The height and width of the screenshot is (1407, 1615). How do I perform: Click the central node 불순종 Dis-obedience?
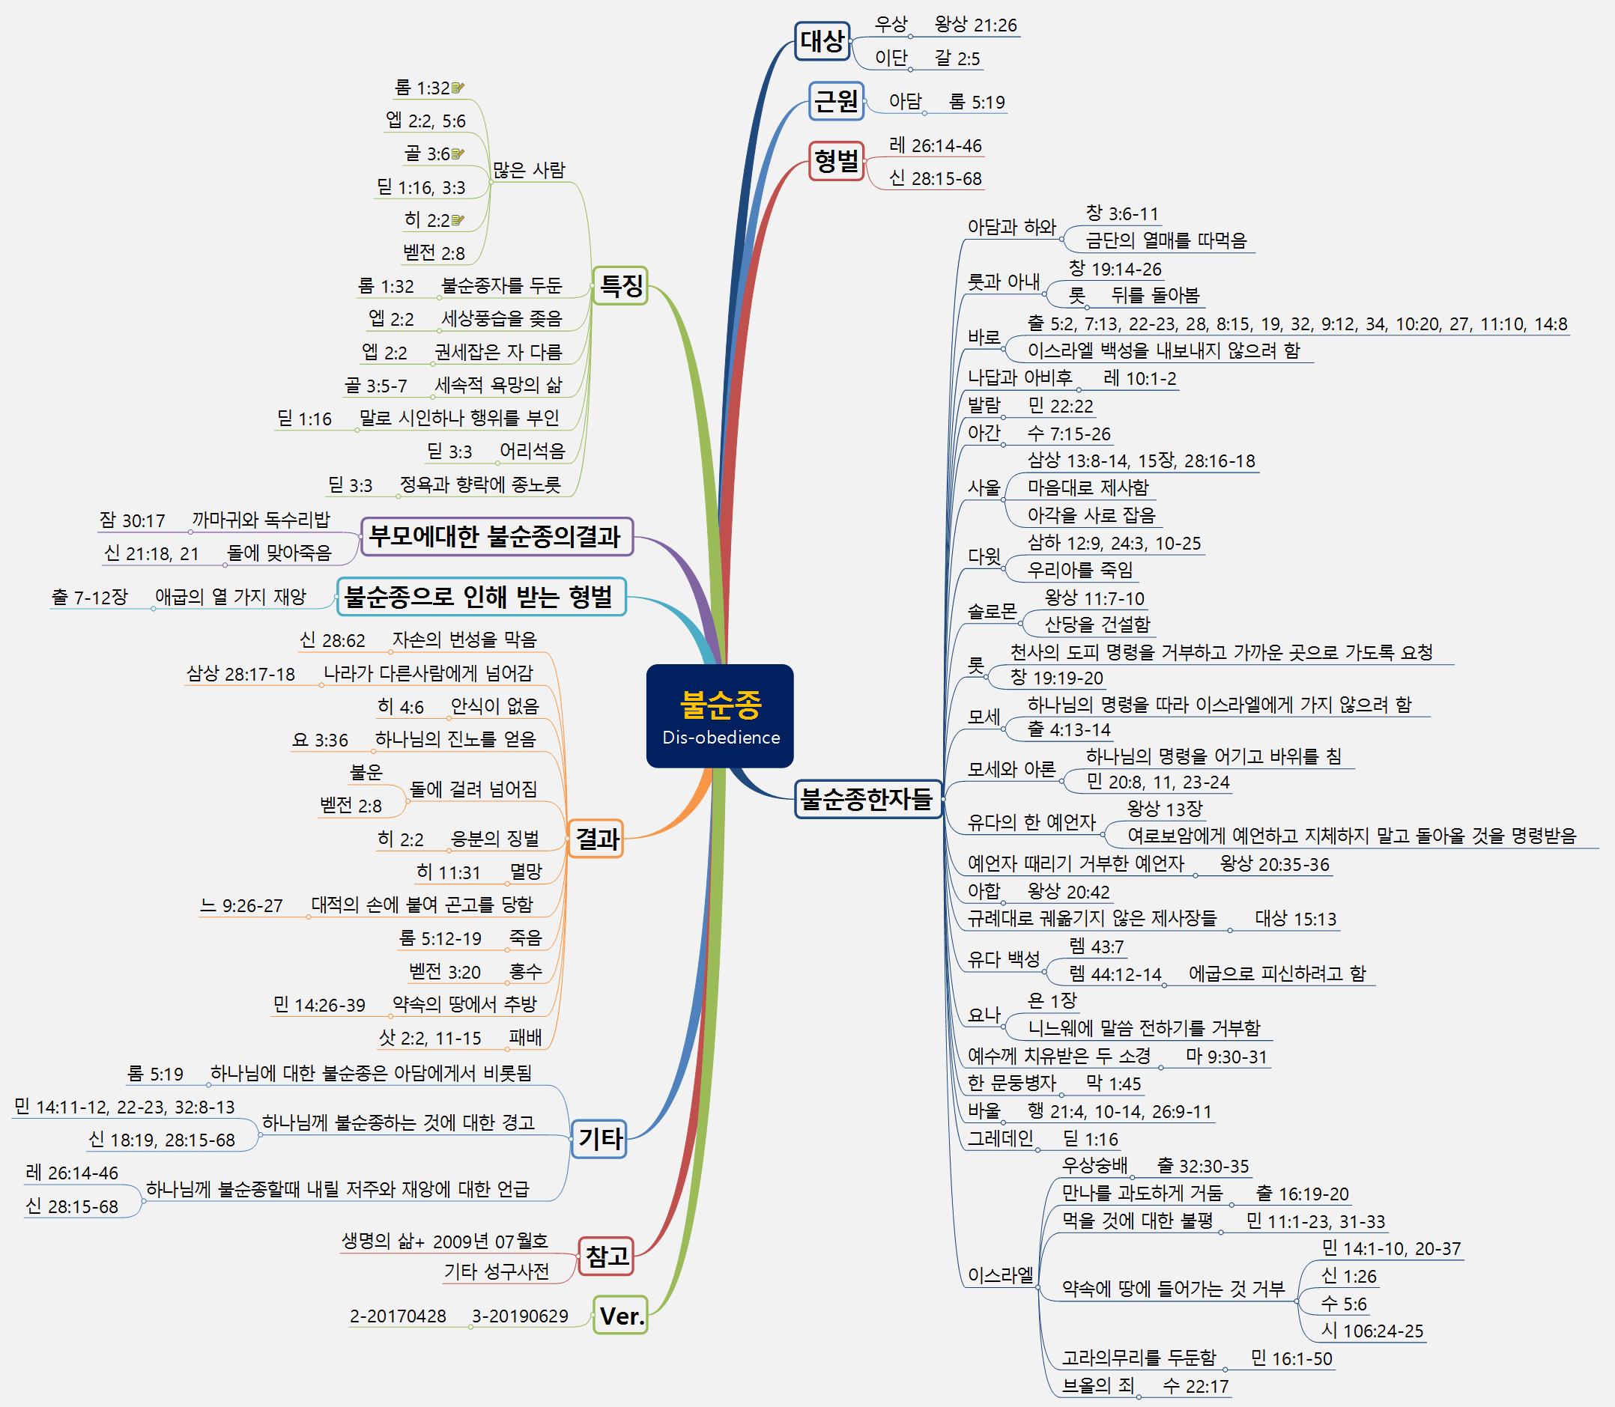[720, 715]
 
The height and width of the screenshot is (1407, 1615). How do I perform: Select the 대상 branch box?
[822, 41]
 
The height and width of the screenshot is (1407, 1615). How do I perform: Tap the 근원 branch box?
[836, 101]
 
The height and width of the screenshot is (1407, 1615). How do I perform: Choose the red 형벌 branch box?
[836, 162]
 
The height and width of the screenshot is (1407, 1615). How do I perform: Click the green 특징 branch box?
[619, 285]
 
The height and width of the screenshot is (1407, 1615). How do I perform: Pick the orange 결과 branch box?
[596, 839]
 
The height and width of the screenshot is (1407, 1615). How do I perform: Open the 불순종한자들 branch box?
[867, 798]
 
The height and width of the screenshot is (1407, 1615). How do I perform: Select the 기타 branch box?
[599, 1137]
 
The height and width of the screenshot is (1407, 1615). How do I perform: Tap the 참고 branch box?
[605, 1256]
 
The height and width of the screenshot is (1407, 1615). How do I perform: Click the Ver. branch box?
[620, 1315]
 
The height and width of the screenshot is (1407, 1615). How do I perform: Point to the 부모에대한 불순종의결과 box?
[497, 537]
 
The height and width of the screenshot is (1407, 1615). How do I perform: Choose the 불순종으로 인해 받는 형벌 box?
[481, 597]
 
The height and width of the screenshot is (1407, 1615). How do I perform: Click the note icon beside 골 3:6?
[458, 154]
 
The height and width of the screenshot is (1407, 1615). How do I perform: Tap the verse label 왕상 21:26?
[975, 25]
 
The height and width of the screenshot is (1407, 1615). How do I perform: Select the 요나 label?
[984, 1015]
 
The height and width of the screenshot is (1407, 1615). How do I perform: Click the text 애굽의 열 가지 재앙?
[230, 597]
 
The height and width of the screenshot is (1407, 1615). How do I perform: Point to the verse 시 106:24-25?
[1372, 1330]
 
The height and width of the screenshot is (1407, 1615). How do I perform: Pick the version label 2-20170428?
[398, 1316]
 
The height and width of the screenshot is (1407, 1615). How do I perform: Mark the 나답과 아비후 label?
[1019, 377]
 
